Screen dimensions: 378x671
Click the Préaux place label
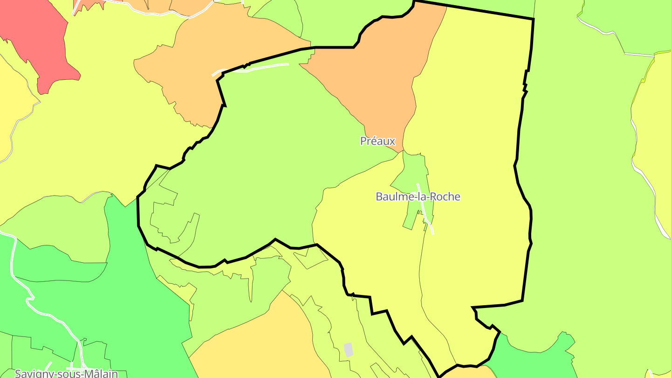coord(377,141)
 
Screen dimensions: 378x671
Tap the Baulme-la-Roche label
coord(418,196)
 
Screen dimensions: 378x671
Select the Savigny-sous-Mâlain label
coord(66,373)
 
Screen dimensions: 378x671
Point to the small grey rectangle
coord(348,349)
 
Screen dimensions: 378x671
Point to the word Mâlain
coord(100,373)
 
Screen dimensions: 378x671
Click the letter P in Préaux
coord(363,141)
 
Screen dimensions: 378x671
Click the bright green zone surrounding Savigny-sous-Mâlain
coord(140,303)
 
